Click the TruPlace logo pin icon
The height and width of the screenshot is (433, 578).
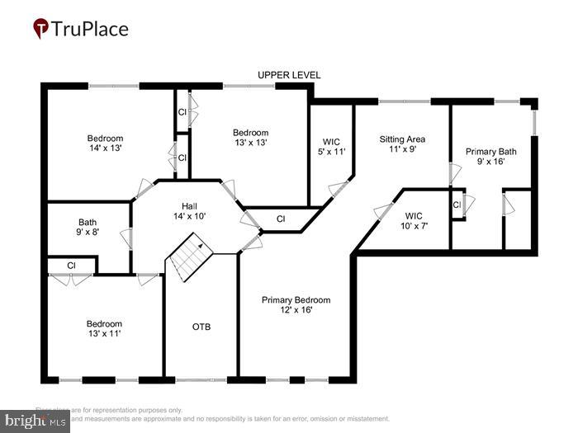coord(40,30)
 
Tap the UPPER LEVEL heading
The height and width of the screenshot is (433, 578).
coord(288,75)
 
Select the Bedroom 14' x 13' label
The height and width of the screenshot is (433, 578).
coord(106,144)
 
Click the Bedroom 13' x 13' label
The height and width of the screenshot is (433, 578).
coord(250,138)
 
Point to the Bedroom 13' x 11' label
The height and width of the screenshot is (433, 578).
coord(105,329)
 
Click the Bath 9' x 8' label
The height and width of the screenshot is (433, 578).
coord(88,228)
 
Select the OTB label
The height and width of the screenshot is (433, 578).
coord(201,327)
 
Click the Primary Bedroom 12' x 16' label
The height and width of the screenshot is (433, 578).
coord(296,305)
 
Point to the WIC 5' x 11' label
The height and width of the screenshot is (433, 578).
coord(331,146)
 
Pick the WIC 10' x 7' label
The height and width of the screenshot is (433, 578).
coord(414,219)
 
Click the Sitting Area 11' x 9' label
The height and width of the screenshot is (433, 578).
coord(402,144)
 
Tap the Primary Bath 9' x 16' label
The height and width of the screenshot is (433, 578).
coord(490,157)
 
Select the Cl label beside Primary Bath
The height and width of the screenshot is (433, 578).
coord(456,204)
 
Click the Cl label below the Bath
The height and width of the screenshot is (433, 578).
coord(71,266)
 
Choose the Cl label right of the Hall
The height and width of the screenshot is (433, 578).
coord(281,219)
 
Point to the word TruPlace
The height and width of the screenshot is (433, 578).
coord(91,30)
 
